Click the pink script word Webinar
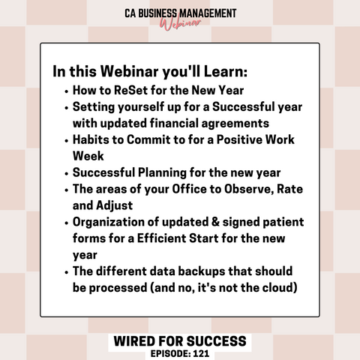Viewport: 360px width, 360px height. (180, 24)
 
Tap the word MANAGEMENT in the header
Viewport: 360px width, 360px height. (208, 13)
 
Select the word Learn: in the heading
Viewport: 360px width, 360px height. (226, 71)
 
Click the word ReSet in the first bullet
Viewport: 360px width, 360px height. (130, 90)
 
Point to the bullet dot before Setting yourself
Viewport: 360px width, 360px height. (66, 108)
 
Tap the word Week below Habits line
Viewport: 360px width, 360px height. (88, 156)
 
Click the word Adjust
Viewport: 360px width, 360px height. (114, 205)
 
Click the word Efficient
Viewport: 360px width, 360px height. (161, 238)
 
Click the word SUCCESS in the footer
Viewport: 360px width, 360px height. (216, 341)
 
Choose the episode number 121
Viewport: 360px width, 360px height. (201, 354)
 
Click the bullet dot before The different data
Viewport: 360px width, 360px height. (66, 272)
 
